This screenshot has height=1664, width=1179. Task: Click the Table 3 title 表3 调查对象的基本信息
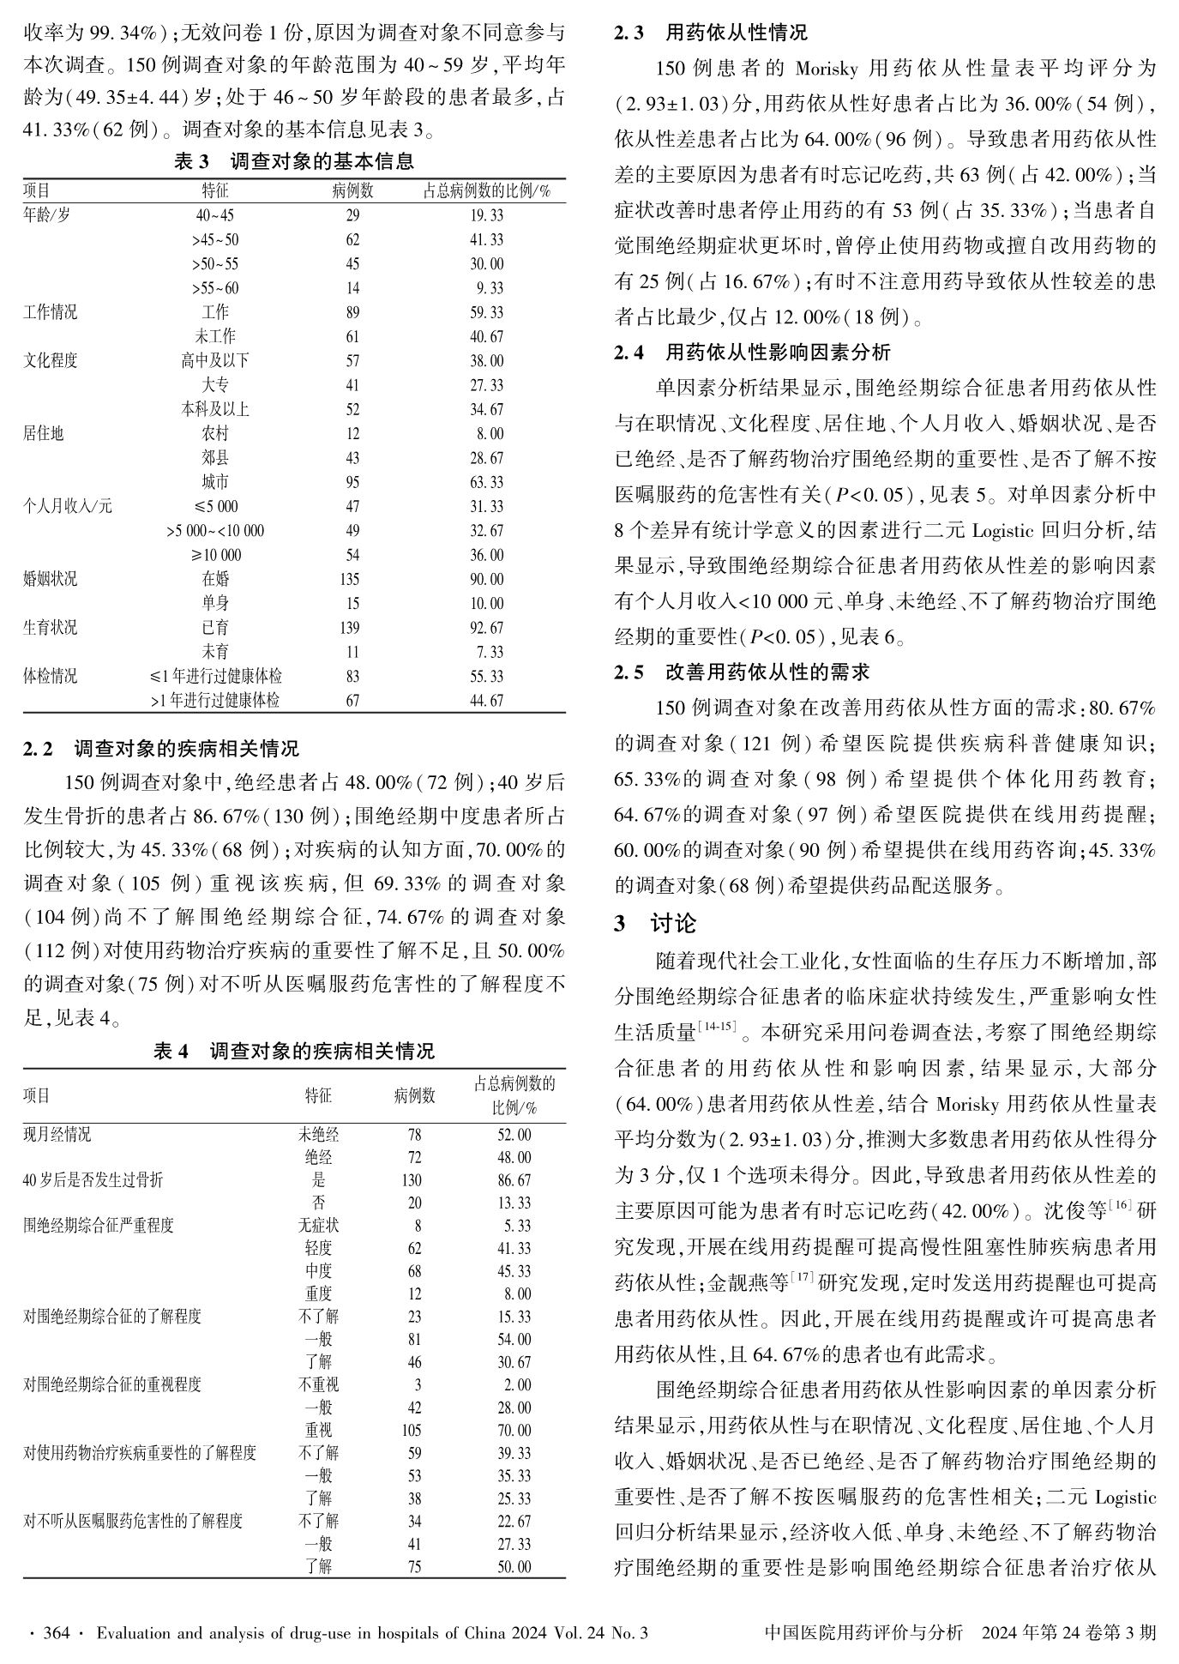click(x=293, y=161)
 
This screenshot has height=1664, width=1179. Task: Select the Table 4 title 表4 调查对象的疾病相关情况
click(x=293, y=1051)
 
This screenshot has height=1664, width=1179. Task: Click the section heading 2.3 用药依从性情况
click(x=711, y=33)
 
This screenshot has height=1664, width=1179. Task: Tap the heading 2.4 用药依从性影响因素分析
click(x=752, y=352)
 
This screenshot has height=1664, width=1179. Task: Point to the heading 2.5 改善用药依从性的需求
click(x=742, y=672)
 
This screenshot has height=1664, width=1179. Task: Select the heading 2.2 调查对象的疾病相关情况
click(x=161, y=749)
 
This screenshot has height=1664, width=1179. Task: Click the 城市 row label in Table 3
click(x=215, y=482)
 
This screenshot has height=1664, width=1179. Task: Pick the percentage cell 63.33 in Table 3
click(x=486, y=482)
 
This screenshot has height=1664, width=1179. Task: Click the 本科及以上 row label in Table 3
click(x=215, y=409)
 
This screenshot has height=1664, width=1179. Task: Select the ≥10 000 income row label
click(x=215, y=555)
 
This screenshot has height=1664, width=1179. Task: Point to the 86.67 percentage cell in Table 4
click(x=514, y=1180)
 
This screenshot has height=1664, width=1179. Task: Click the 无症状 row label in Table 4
click(x=318, y=1226)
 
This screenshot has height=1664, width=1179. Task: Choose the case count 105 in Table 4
click(x=414, y=1430)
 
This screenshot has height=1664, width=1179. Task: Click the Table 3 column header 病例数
click(x=352, y=190)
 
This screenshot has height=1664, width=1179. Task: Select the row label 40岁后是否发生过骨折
click(x=93, y=1180)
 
